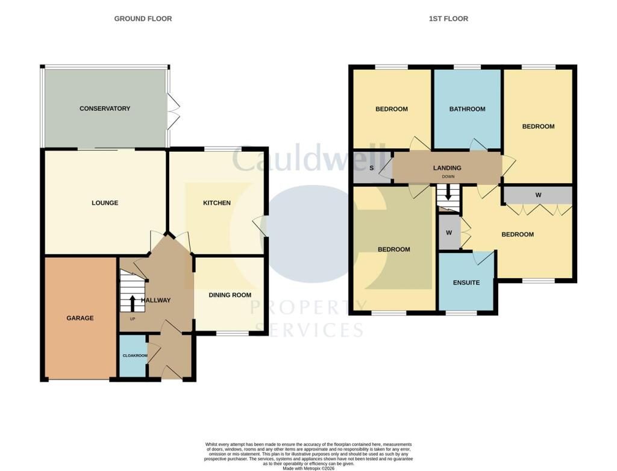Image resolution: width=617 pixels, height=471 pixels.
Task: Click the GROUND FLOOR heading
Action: tap(143, 19)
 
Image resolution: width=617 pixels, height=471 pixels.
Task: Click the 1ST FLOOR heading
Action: tap(448, 19)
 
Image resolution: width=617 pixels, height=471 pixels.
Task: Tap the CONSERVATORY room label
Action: tap(105, 108)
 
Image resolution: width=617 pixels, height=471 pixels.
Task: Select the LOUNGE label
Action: tap(105, 203)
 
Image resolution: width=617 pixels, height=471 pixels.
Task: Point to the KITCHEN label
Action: tap(217, 203)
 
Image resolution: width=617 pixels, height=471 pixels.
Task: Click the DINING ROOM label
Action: tap(230, 295)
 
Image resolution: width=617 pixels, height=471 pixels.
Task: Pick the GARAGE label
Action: tap(80, 318)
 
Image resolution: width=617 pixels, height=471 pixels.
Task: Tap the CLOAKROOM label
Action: tap(135, 356)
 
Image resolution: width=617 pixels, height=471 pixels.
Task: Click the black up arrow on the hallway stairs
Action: tap(132, 302)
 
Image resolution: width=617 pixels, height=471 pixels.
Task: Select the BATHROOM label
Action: tap(467, 109)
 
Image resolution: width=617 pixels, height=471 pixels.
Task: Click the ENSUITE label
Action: tap(466, 282)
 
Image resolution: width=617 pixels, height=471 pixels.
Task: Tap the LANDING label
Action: tap(447, 168)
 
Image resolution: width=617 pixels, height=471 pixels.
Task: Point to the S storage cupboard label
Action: tap(371, 168)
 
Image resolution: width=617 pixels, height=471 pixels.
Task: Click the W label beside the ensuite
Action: tap(449, 233)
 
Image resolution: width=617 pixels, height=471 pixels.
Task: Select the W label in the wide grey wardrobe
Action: tap(538, 195)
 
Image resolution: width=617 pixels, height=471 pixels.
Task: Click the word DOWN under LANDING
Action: tap(448, 176)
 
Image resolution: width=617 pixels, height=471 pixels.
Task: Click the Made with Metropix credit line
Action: tap(308, 469)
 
